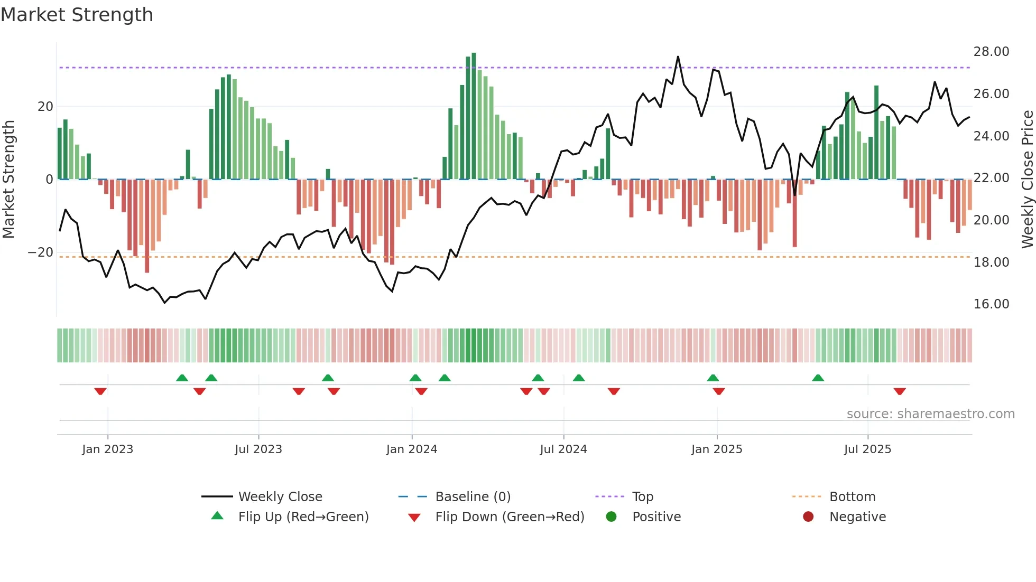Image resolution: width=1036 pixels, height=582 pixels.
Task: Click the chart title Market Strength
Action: (x=77, y=15)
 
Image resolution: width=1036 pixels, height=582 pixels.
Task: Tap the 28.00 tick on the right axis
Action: (x=991, y=52)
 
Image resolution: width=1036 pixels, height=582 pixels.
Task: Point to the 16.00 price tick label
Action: (x=991, y=304)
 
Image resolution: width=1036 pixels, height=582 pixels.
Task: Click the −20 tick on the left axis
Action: (x=41, y=252)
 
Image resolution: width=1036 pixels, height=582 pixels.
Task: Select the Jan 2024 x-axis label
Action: (x=412, y=449)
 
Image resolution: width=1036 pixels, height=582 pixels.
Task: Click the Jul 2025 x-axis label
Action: (x=867, y=449)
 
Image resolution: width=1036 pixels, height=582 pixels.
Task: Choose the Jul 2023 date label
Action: (x=258, y=449)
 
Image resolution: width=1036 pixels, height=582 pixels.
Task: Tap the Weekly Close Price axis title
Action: (x=1027, y=180)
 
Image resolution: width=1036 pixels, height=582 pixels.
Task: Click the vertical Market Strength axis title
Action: (x=9, y=180)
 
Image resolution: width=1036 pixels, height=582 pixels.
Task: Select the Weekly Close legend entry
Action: (x=280, y=497)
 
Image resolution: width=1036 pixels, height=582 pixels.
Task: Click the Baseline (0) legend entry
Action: (x=473, y=497)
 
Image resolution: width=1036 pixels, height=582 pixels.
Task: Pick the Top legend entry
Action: (x=642, y=497)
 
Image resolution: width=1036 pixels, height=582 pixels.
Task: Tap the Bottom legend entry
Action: (x=852, y=497)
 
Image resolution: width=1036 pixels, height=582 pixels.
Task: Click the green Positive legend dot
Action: (x=612, y=517)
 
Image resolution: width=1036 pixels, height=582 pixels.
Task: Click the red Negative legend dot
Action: (x=808, y=517)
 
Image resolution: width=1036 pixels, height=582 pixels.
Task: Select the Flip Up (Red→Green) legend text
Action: (x=303, y=517)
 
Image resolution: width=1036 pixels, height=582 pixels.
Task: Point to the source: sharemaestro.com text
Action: (x=930, y=414)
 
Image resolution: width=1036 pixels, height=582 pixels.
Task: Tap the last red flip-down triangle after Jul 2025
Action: (x=900, y=391)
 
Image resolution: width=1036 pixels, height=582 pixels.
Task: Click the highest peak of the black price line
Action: (x=678, y=57)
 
